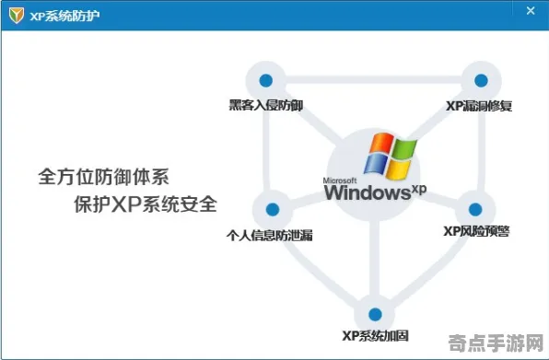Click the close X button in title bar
(x=531, y=11)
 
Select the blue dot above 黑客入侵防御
(x=266, y=80)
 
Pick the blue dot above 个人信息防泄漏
(x=271, y=209)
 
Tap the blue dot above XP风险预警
(x=475, y=209)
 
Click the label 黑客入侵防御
(x=266, y=106)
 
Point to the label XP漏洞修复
(x=479, y=106)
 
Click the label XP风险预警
(x=475, y=231)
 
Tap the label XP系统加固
(x=372, y=337)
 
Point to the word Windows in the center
(x=366, y=193)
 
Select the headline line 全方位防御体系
(x=103, y=174)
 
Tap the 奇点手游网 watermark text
(x=499, y=343)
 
